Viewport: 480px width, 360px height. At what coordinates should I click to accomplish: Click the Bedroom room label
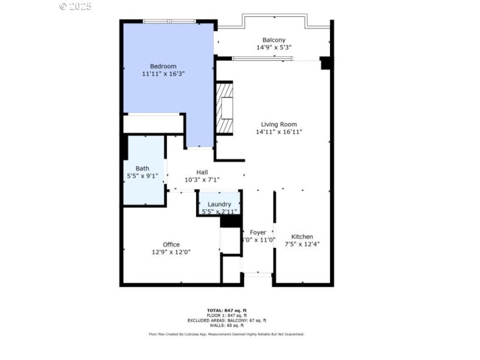click(163, 65)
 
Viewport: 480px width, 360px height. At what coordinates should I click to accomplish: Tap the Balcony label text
click(274, 40)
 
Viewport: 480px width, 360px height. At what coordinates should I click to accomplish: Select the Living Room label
click(278, 124)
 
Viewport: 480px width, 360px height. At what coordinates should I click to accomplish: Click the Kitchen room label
click(302, 236)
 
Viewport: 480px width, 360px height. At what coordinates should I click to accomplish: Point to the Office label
click(171, 244)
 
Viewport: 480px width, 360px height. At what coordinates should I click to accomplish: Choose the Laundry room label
click(219, 204)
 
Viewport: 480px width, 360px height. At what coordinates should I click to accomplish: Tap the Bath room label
click(142, 169)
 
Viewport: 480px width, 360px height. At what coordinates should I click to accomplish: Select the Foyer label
click(258, 232)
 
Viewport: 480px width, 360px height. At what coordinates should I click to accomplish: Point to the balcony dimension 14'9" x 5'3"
click(274, 47)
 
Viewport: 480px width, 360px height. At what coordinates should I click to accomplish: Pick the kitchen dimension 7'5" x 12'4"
click(302, 244)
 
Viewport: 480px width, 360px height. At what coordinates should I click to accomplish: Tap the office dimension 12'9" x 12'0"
click(171, 252)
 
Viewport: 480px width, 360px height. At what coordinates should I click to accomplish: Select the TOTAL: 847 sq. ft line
click(227, 310)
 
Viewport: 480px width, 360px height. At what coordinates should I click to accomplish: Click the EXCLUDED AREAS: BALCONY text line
click(227, 320)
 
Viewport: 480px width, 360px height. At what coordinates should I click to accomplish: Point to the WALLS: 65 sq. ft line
click(227, 325)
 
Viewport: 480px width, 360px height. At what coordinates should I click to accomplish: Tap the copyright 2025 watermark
click(75, 6)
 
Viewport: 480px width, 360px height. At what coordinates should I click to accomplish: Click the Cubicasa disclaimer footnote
click(227, 334)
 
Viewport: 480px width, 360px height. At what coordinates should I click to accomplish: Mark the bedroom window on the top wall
click(169, 22)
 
